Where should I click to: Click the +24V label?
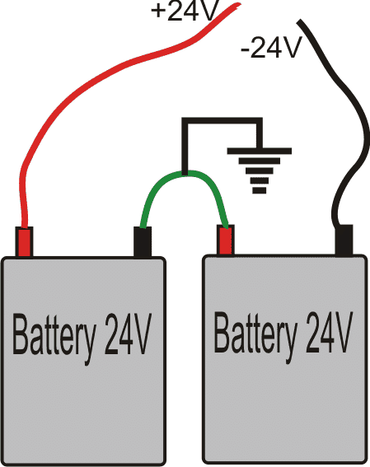click(185, 11)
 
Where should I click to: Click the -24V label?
click(271, 47)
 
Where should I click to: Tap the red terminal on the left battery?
click(24, 241)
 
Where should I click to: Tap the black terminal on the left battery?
click(143, 242)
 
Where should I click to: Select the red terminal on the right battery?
click(226, 240)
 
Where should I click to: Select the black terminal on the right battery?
click(344, 240)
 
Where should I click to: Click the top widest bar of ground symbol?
click(260, 151)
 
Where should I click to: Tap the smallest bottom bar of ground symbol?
click(260, 190)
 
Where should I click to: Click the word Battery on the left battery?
click(54, 337)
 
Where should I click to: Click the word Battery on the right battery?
click(255, 335)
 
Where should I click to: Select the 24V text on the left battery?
click(128, 334)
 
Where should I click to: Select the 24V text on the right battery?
click(329, 332)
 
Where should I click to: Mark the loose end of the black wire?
click(299, 21)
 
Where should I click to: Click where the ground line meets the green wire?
click(185, 173)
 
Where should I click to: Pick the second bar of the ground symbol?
click(260, 161)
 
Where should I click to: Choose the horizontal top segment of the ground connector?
click(222, 120)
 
